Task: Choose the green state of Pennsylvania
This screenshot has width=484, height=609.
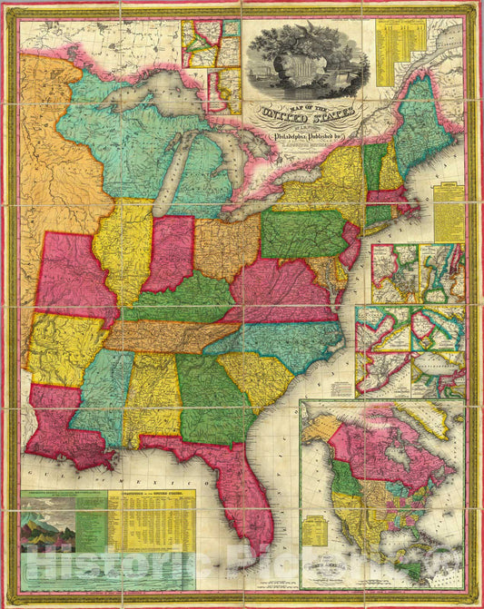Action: [303, 235]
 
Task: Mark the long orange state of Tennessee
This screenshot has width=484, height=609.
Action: [173, 336]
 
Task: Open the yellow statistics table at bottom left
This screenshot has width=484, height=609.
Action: [151, 521]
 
